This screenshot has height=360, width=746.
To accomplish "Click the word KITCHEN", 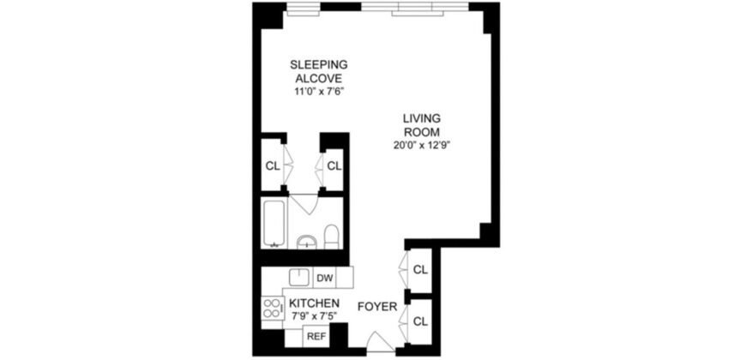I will pos(314,304).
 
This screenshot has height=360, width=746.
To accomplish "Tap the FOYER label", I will pos(376,305).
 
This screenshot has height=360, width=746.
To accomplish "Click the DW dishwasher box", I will pos(324,278).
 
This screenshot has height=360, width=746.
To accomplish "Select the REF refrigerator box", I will pos(316,337).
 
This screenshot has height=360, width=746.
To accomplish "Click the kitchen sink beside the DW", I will pos(298,277).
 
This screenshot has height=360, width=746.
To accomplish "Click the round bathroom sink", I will pos(307,241).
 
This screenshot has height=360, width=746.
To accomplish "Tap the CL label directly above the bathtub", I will pos(273,165).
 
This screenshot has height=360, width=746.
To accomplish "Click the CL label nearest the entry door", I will pos(420,321).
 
